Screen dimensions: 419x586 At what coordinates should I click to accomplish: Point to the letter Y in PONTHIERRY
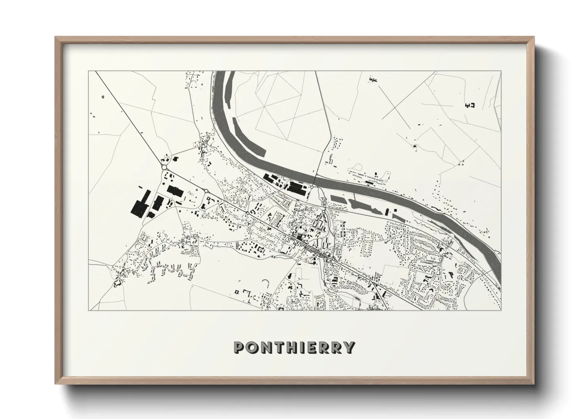point(348,347)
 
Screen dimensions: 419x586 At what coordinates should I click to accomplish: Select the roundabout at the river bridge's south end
point(312,187)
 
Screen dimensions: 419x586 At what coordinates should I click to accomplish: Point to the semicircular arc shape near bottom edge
point(266,282)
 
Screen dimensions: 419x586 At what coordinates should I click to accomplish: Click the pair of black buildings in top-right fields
point(470,105)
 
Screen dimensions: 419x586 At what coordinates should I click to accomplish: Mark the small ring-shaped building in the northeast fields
point(415,147)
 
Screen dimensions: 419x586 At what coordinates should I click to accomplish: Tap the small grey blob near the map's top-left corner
point(103,96)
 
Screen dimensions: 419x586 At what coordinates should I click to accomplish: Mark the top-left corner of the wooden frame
point(56,38)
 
